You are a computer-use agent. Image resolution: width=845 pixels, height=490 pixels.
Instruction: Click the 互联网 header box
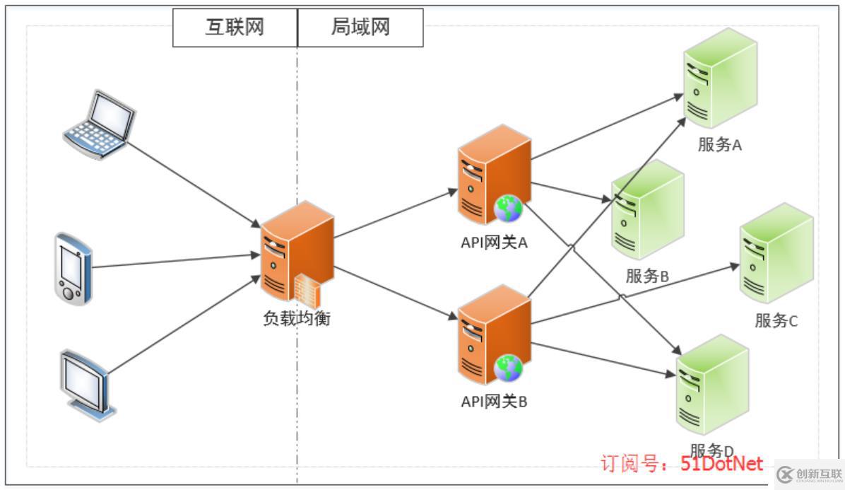coord(235,28)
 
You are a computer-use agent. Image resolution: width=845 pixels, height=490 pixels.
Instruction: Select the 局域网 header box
coord(360,28)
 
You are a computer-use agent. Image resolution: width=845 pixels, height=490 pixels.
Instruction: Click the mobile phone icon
coord(73,268)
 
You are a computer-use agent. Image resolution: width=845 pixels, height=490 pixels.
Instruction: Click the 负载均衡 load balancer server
coord(296,252)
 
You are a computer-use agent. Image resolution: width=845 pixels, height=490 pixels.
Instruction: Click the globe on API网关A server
coord(509,207)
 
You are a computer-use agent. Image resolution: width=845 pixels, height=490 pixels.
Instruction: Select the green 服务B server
coord(647,213)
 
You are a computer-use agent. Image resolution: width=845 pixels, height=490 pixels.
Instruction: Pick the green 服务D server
coord(712,386)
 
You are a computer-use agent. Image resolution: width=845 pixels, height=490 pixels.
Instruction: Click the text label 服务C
coord(776,320)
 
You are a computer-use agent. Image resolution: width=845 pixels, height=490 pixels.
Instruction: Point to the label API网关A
coord(494,243)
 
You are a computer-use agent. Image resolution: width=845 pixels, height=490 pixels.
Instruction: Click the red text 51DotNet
coord(722,463)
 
